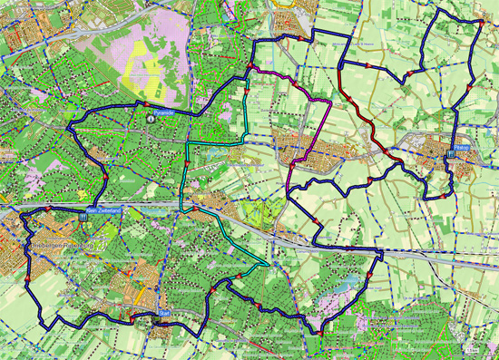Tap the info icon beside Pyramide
coord(151,117)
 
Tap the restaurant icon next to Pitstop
coord(450,155)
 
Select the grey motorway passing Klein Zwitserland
coord(136,208)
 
